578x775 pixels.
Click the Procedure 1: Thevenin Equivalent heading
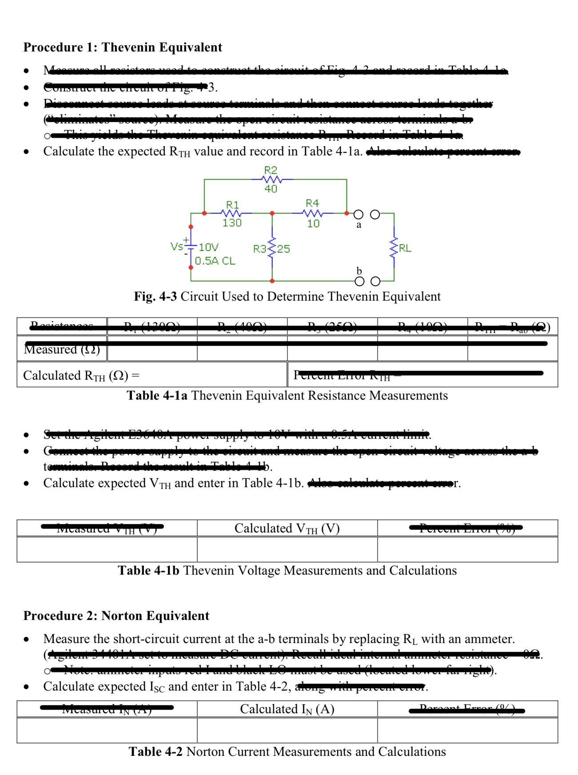tap(123, 47)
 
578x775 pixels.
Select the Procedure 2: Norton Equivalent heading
tap(116, 616)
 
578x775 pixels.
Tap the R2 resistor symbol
tap(271, 179)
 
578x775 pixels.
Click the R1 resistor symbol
tap(232, 213)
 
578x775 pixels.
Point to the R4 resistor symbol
tap(313, 213)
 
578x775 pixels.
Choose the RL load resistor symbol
tap(394, 248)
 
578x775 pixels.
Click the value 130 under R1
tap(232, 223)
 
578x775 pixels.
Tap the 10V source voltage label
tap(208, 247)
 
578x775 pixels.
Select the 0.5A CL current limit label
tap(215, 261)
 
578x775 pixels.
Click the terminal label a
tap(359, 225)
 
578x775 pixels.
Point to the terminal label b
tap(359, 271)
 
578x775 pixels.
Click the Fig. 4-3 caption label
tap(155, 296)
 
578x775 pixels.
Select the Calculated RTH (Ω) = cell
tap(81, 376)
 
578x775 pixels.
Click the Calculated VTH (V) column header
tap(287, 528)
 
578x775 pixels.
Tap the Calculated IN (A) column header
tap(287, 709)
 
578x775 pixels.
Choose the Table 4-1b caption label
tap(148, 570)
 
